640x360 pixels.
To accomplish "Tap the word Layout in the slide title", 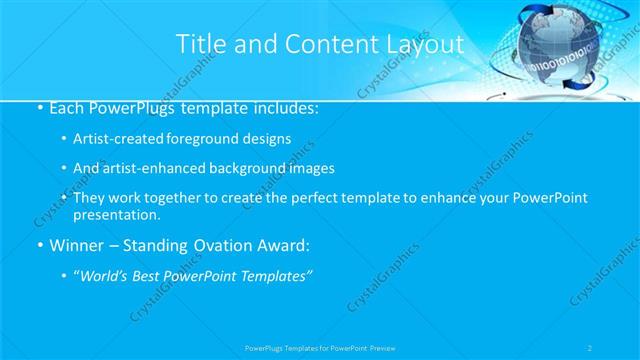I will pos(426,44).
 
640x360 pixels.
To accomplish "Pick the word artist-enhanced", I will pos(153,168).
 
